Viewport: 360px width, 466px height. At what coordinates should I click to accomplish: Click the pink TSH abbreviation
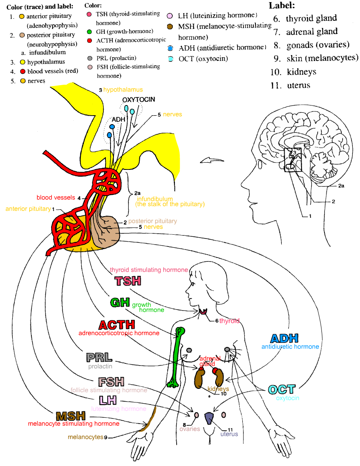click(128, 281)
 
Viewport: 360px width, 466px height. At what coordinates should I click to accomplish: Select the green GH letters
click(120, 302)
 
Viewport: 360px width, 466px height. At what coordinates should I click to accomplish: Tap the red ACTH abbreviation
click(117, 325)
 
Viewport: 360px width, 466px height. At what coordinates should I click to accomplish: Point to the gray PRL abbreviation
click(99, 358)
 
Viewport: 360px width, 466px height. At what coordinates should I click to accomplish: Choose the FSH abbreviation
click(111, 382)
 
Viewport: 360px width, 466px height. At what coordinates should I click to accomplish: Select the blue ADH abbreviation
click(284, 338)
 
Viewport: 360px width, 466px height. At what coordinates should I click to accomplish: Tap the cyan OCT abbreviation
click(282, 389)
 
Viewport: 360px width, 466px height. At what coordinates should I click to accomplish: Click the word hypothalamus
click(123, 90)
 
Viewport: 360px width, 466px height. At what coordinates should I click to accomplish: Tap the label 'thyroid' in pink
click(229, 321)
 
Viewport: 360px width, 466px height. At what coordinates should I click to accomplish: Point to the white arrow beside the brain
click(212, 160)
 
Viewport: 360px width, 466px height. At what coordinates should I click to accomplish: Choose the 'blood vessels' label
click(56, 197)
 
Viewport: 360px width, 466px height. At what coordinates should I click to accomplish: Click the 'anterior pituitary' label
click(28, 209)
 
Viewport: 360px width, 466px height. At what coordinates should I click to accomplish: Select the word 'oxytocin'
click(288, 398)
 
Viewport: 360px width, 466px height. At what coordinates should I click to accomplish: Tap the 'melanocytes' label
click(86, 437)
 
